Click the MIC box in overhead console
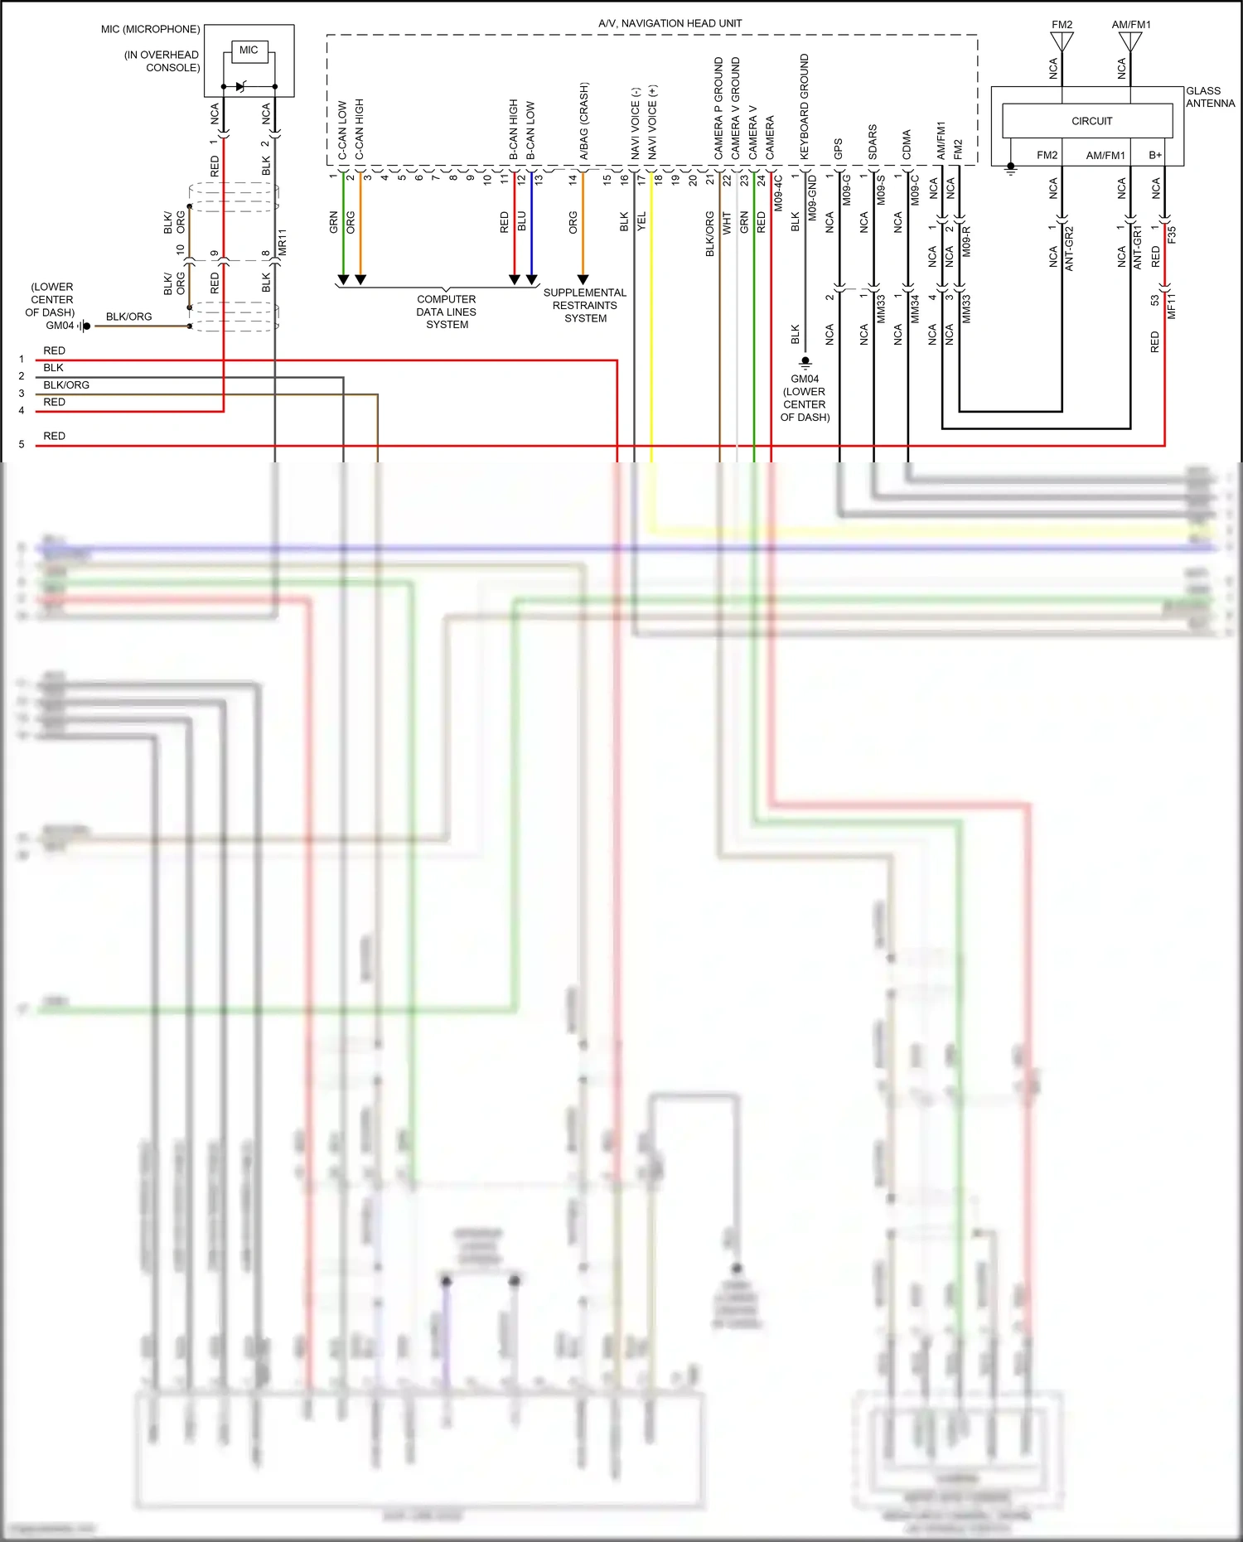(x=249, y=51)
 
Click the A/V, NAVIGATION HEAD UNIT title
(x=670, y=23)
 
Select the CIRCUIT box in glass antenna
(x=1091, y=121)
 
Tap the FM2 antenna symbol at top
(x=1062, y=41)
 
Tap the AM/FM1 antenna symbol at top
(x=1130, y=41)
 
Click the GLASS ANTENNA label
(x=1209, y=97)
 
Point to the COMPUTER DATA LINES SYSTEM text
(x=447, y=312)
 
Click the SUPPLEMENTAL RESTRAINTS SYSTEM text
(x=585, y=305)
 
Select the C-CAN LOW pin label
(x=342, y=129)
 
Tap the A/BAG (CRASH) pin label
(x=583, y=120)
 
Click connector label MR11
(x=282, y=242)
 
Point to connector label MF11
(x=1171, y=306)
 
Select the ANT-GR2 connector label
(x=1069, y=248)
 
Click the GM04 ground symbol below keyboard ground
(x=805, y=362)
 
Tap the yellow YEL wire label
(x=641, y=220)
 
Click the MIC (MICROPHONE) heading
(x=151, y=29)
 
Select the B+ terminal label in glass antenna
(x=1154, y=155)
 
